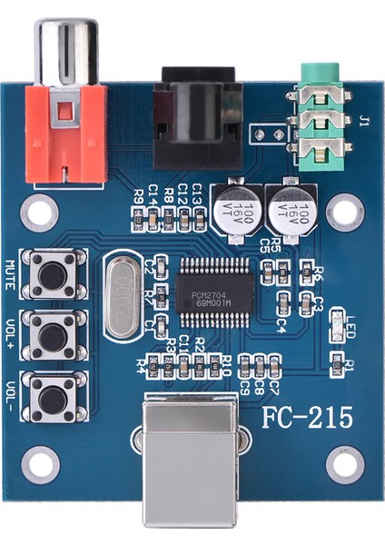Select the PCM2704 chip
[216, 283]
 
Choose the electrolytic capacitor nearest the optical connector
[235, 212]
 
